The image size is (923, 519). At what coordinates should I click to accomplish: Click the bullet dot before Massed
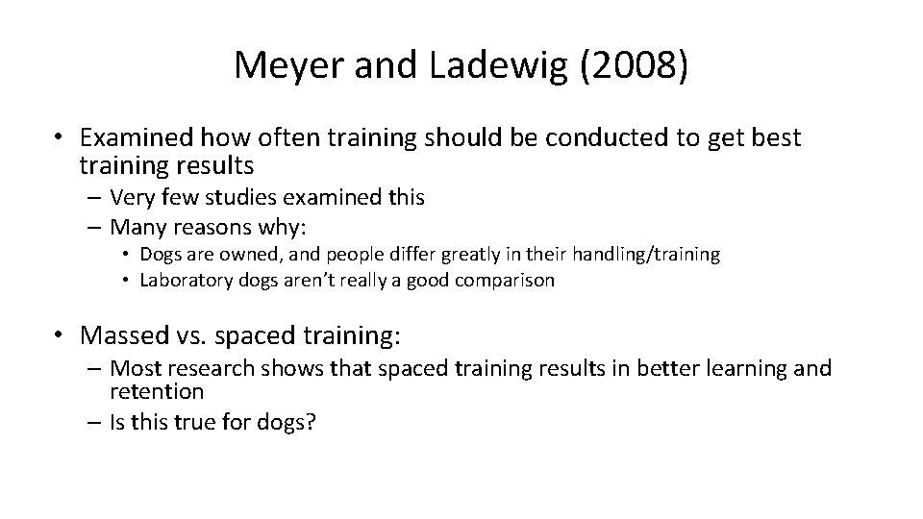coord(61,334)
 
